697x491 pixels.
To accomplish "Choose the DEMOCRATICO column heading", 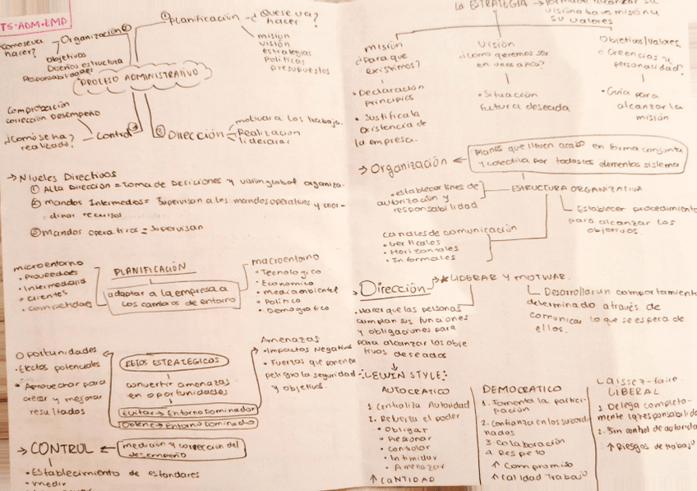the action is click(521, 388).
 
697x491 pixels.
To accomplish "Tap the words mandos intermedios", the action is click(79, 201).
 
